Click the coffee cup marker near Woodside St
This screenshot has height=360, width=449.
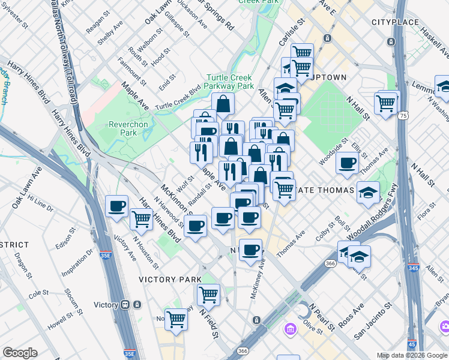coord(347,163)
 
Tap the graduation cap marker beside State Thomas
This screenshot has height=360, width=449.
coord(368,193)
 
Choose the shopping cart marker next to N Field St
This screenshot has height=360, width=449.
coord(208,294)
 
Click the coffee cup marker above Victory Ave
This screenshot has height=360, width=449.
coord(117,206)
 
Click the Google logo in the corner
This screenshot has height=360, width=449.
coord(20,353)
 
